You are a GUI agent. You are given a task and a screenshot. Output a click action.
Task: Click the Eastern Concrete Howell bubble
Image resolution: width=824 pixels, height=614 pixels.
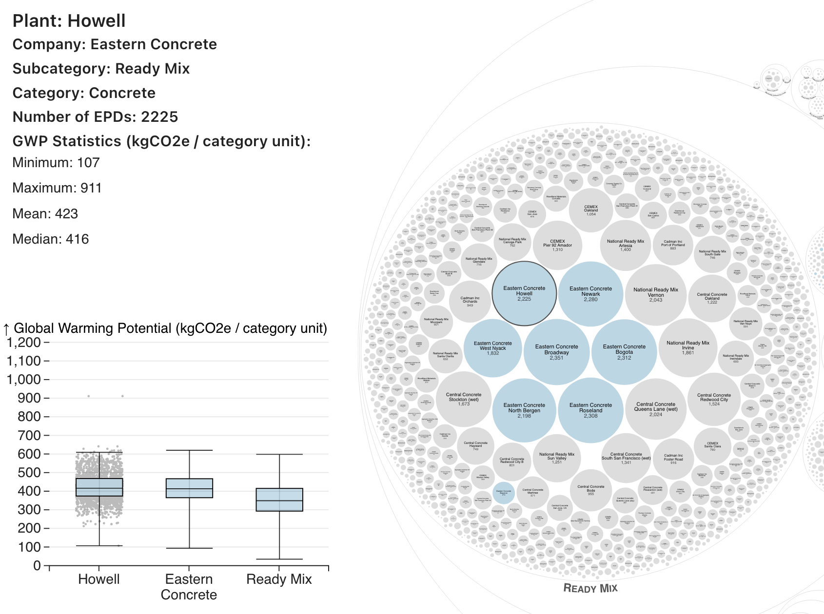click(x=524, y=293)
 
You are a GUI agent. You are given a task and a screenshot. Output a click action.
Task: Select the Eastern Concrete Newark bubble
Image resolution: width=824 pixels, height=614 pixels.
click(x=590, y=294)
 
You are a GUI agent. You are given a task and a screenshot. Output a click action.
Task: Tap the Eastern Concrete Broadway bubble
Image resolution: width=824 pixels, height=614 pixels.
click(x=556, y=352)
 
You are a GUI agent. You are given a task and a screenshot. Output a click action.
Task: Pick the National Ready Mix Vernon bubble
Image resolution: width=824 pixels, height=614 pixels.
click(x=656, y=294)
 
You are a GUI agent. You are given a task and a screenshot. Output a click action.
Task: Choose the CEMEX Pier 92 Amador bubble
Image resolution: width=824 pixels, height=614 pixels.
click(x=557, y=245)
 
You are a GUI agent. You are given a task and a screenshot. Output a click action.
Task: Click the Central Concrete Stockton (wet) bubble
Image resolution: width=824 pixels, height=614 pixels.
click(x=464, y=400)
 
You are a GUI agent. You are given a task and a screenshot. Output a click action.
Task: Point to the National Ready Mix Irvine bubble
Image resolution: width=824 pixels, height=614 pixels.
click(x=687, y=348)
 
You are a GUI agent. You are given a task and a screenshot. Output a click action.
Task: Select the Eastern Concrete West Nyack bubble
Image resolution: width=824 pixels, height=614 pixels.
click(x=493, y=348)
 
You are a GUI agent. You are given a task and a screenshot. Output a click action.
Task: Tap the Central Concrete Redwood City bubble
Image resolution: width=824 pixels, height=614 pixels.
click(x=714, y=400)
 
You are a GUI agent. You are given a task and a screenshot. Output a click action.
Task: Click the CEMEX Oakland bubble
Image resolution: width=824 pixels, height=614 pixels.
click(x=591, y=210)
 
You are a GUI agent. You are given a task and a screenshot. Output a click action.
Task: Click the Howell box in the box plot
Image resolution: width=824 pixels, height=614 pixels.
click(x=99, y=487)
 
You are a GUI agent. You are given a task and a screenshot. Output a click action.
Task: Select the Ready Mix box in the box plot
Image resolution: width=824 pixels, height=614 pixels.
click(x=279, y=499)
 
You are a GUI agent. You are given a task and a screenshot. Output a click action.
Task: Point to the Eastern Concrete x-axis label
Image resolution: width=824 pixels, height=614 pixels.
click(x=189, y=587)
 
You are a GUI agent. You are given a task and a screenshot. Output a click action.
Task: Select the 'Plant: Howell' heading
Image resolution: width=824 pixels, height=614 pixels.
click(x=69, y=21)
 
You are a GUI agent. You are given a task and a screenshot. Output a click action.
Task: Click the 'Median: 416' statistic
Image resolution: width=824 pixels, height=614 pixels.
click(x=51, y=239)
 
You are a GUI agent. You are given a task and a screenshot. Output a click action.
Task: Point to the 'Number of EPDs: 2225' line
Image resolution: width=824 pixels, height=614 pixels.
click(x=96, y=117)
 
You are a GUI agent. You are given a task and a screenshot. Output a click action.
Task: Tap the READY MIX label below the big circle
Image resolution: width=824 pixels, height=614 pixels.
click(x=590, y=588)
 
